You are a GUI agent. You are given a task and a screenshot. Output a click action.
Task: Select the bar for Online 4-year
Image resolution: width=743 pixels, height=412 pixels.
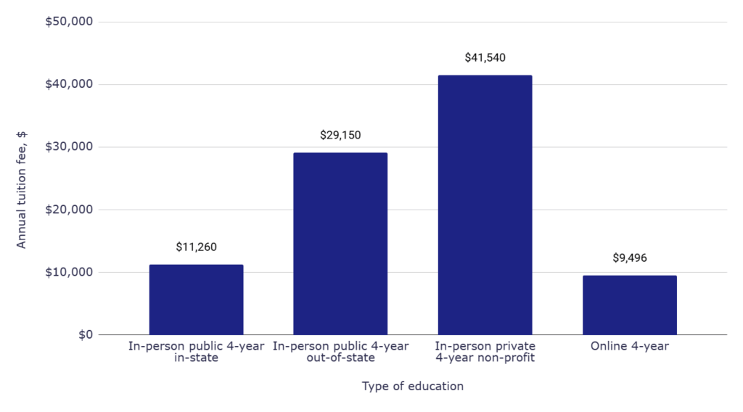click(x=629, y=305)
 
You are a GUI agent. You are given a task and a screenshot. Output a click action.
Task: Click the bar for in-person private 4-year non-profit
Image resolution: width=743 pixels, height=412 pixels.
click(x=485, y=205)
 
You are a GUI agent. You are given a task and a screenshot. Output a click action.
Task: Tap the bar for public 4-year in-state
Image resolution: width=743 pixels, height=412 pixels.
click(x=196, y=300)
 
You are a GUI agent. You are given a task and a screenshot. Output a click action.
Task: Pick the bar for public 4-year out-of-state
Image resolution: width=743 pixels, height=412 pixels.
click(x=340, y=244)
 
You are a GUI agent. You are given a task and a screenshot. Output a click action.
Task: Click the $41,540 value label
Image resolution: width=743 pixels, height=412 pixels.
click(x=485, y=58)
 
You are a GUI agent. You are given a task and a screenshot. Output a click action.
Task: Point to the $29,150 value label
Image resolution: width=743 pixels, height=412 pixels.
click(x=340, y=135)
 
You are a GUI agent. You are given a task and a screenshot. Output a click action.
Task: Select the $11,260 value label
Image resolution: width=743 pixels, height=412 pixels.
click(x=196, y=247)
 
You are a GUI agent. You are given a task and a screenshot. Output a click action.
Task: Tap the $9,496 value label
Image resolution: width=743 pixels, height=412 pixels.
click(x=629, y=258)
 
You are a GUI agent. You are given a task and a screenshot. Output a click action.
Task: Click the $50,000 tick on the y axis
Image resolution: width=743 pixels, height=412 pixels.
click(x=69, y=22)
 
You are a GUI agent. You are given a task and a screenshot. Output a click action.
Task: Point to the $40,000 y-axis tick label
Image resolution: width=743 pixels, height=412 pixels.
click(x=69, y=84)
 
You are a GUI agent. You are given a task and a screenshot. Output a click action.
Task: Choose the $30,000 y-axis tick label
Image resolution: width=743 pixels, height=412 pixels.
click(x=69, y=147)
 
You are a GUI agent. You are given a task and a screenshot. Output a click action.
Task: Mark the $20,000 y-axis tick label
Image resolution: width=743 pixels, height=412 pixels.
click(x=69, y=210)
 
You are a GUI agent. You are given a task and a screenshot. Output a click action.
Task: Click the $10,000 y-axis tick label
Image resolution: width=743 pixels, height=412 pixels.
click(x=69, y=273)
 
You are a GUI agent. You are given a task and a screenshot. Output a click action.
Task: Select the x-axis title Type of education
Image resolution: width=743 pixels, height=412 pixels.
click(x=412, y=387)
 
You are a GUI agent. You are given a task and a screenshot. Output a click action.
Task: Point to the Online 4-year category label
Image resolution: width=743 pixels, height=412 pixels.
click(x=629, y=347)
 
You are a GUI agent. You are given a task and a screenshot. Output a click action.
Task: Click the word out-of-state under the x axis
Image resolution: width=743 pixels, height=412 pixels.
click(x=340, y=358)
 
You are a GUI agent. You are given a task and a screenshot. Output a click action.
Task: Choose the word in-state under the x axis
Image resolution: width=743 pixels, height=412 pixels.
click(x=196, y=358)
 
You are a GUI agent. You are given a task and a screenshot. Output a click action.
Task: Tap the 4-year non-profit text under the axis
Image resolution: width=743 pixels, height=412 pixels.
click(x=485, y=358)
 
